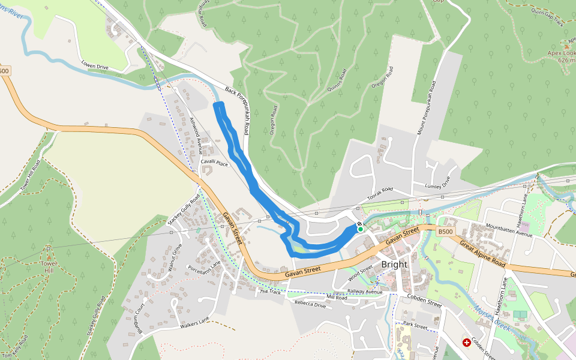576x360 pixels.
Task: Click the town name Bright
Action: (x=394, y=264)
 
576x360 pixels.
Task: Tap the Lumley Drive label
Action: (x=437, y=184)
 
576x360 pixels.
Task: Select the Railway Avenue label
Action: (x=365, y=292)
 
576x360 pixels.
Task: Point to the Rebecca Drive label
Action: (x=310, y=304)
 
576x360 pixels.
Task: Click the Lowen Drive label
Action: (x=95, y=65)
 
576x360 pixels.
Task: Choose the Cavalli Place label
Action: (x=214, y=163)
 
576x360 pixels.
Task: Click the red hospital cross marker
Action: (x=467, y=343)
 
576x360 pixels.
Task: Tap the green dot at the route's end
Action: (x=360, y=229)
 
